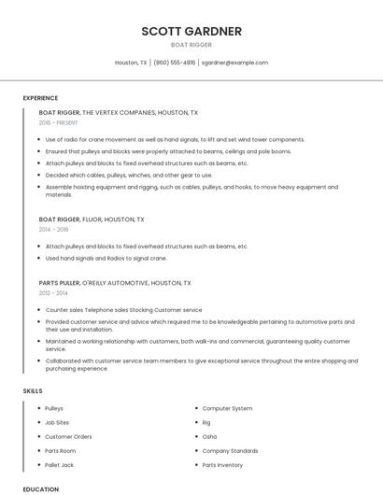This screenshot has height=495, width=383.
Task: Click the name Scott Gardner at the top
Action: (191, 31)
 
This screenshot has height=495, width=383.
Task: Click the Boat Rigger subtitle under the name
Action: (191, 45)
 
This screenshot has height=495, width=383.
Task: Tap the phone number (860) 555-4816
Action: (175, 63)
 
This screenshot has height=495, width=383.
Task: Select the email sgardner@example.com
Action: (234, 63)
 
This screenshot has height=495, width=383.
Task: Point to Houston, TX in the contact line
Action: (131, 63)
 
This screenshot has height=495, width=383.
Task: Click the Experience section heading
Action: (40, 98)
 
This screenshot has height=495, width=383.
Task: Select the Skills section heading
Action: (33, 390)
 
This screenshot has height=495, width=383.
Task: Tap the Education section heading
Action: (41, 488)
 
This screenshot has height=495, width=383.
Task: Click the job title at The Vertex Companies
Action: (119, 112)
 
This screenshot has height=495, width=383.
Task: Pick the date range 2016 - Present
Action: (58, 122)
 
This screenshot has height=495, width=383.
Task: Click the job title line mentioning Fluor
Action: (92, 219)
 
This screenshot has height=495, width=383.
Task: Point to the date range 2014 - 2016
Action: (53, 229)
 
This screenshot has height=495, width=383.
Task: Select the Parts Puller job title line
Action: (115, 282)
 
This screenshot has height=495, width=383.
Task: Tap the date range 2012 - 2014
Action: (53, 292)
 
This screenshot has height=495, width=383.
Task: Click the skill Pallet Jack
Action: (59, 464)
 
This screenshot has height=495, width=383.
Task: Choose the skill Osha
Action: (209, 436)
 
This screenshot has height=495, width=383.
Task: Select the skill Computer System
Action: (227, 408)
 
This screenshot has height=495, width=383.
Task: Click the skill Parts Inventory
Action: (222, 464)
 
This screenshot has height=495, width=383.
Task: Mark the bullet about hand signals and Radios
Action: (106, 258)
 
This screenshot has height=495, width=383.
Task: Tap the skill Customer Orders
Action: (68, 436)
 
